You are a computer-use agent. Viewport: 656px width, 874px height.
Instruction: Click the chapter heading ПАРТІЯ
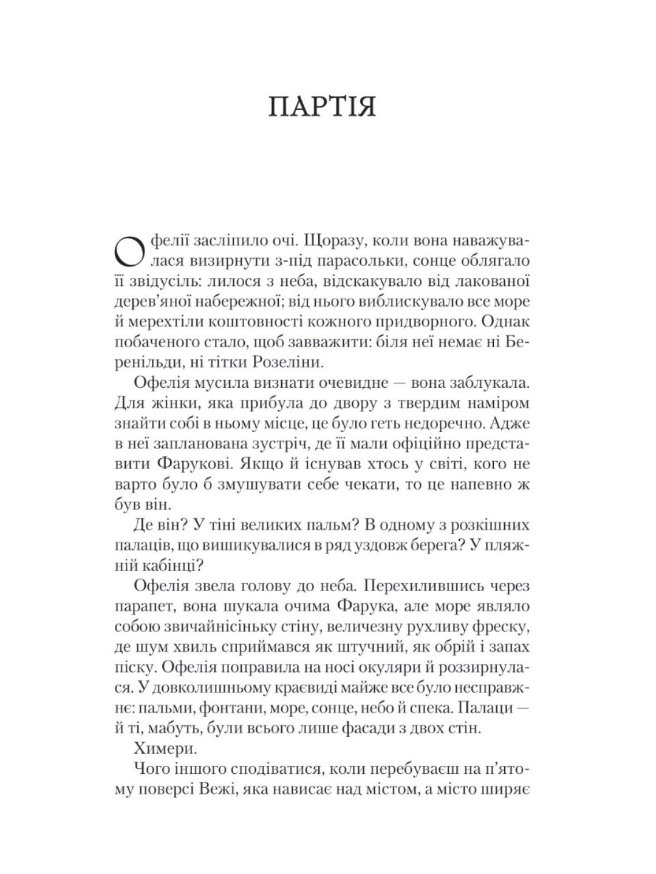tap(323, 106)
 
